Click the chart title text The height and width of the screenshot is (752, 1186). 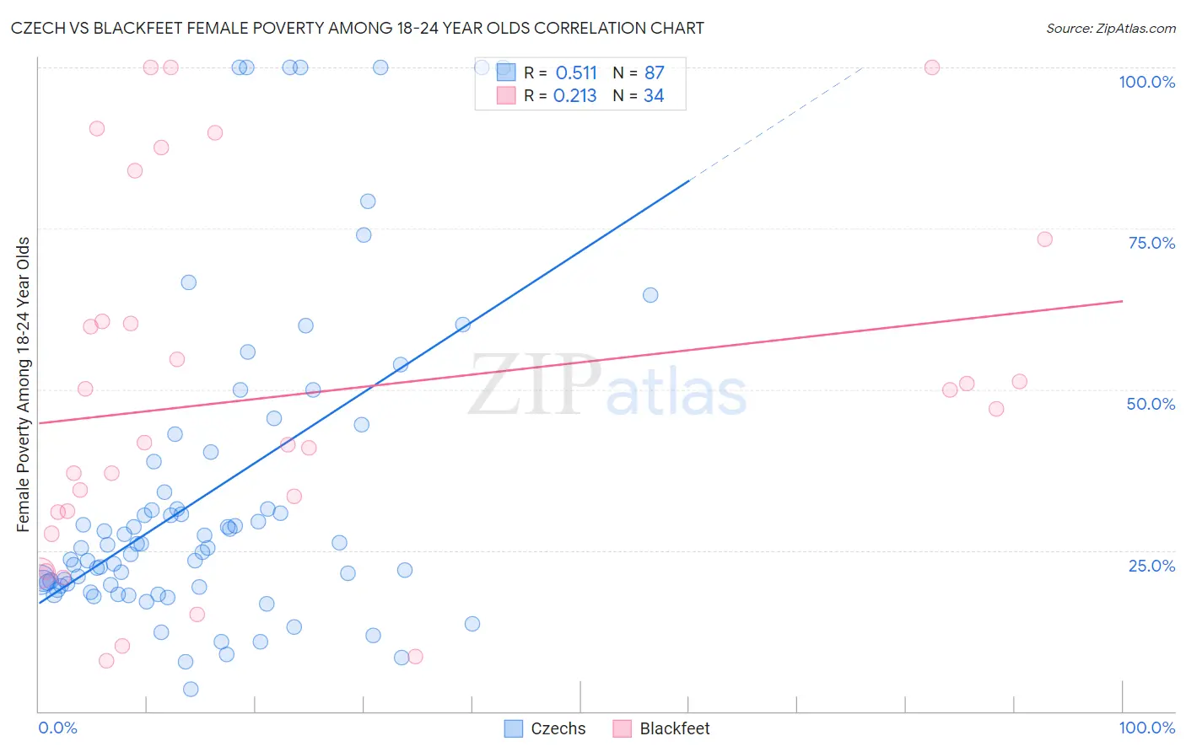[x=358, y=28]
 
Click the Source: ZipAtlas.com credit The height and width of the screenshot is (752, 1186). [x=1110, y=28]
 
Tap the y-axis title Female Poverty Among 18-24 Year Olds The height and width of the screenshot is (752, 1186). [x=23, y=384]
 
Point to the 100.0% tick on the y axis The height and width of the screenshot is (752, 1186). [x=1146, y=82]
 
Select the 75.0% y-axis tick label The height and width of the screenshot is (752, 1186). [x=1151, y=243]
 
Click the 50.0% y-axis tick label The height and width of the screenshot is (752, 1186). [x=1151, y=404]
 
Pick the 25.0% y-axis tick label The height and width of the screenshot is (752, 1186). [x=1151, y=566]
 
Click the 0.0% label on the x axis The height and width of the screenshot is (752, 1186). [x=57, y=728]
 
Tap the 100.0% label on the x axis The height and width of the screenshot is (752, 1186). [x=1146, y=728]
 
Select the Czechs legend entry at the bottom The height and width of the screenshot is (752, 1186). [x=545, y=728]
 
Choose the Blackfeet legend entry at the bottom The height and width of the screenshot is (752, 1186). [x=661, y=728]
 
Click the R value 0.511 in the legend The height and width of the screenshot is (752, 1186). [x=576, y=73]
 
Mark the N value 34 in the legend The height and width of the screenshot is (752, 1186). [x=654, y=96]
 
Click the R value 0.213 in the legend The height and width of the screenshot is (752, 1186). [x=575, y=96]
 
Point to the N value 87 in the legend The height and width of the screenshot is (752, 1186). [x=654, y=73]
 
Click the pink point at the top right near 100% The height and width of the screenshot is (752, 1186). [x=932, y=67]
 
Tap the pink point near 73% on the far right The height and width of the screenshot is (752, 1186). [x=1044, y=239]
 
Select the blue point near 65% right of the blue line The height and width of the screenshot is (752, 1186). [x=650, y=295]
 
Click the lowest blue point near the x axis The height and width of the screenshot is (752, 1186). [x=191, y=690]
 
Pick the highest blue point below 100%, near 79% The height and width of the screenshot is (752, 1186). [x=368, y=201]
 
